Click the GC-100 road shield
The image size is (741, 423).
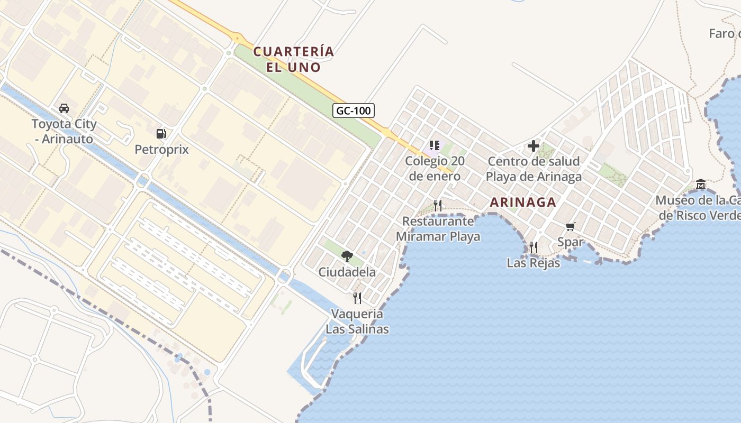354,111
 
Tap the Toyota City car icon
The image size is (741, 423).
64,108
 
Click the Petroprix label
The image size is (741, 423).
161,150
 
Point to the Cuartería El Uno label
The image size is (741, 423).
294,59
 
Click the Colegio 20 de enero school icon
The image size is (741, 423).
435,145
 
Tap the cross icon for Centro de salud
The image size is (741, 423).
534,146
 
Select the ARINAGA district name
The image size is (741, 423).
523,202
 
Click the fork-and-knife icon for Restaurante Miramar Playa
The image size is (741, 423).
438,205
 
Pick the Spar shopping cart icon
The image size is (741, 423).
570,227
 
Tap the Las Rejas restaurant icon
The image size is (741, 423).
534,247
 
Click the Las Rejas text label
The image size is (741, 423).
534,263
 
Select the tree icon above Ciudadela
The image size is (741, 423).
347,256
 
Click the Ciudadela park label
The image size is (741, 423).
347,272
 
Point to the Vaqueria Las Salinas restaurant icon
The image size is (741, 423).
357,298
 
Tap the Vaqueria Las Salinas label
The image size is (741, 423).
357,321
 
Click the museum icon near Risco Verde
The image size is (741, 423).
701,185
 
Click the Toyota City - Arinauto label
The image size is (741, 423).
64,132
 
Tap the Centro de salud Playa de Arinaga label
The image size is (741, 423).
534,169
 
